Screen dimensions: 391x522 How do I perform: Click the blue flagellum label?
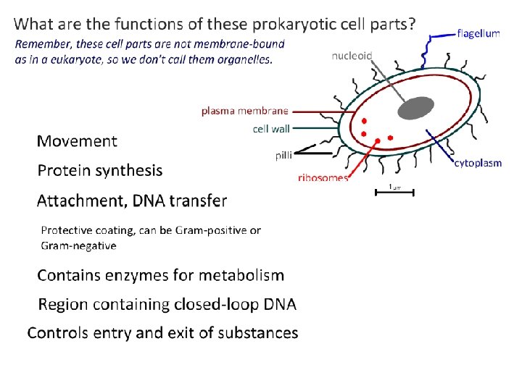[x=478, y=34]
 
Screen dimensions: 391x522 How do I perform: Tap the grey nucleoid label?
[x=352, y=55]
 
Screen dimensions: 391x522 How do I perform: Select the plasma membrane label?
[x=244, y=111]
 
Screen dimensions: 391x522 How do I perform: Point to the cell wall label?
[x=271, y=129]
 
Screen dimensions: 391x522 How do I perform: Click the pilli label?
[x=283, y=154]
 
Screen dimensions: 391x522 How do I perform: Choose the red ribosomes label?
[x=323, y=177]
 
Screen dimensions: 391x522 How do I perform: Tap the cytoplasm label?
[x=478, y=163]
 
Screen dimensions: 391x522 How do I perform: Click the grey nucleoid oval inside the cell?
[x=414, y=108]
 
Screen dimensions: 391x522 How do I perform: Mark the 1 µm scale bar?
[x=394, y=190]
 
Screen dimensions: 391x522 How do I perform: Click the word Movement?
[x=77, y=141]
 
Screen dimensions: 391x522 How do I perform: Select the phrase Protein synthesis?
[x=100, y=171]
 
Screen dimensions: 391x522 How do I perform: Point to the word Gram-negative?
[x=78, y=245]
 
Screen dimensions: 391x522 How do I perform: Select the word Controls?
[x=58, y=333]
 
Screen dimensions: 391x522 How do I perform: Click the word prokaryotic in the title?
[x=294, y=24]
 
